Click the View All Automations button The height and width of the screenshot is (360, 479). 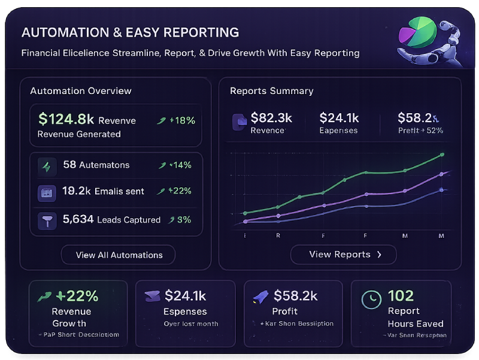[119, 255]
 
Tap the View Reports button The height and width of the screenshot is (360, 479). [344, 254]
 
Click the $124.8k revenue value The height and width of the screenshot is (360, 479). [66, 120]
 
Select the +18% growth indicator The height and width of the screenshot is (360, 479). [177, 120]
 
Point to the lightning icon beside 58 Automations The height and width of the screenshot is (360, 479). [46, 165]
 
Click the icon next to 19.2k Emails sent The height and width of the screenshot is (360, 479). [46, 192]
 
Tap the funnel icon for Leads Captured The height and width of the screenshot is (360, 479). [46, 220]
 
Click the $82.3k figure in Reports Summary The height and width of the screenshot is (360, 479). [271, 117]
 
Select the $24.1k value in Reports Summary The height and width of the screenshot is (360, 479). [339, 117]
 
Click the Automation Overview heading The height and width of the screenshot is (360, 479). [81, 91]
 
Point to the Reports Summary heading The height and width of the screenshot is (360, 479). [272, 91]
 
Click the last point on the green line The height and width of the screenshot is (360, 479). [442, 155]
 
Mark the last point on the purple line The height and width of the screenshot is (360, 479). [442, 174]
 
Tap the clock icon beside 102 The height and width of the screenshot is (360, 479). [371, 298]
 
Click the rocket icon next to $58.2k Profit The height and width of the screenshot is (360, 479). [260, 295]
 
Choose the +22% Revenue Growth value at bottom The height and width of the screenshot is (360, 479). [77, 295]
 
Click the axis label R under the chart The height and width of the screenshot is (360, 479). [278, 236]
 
